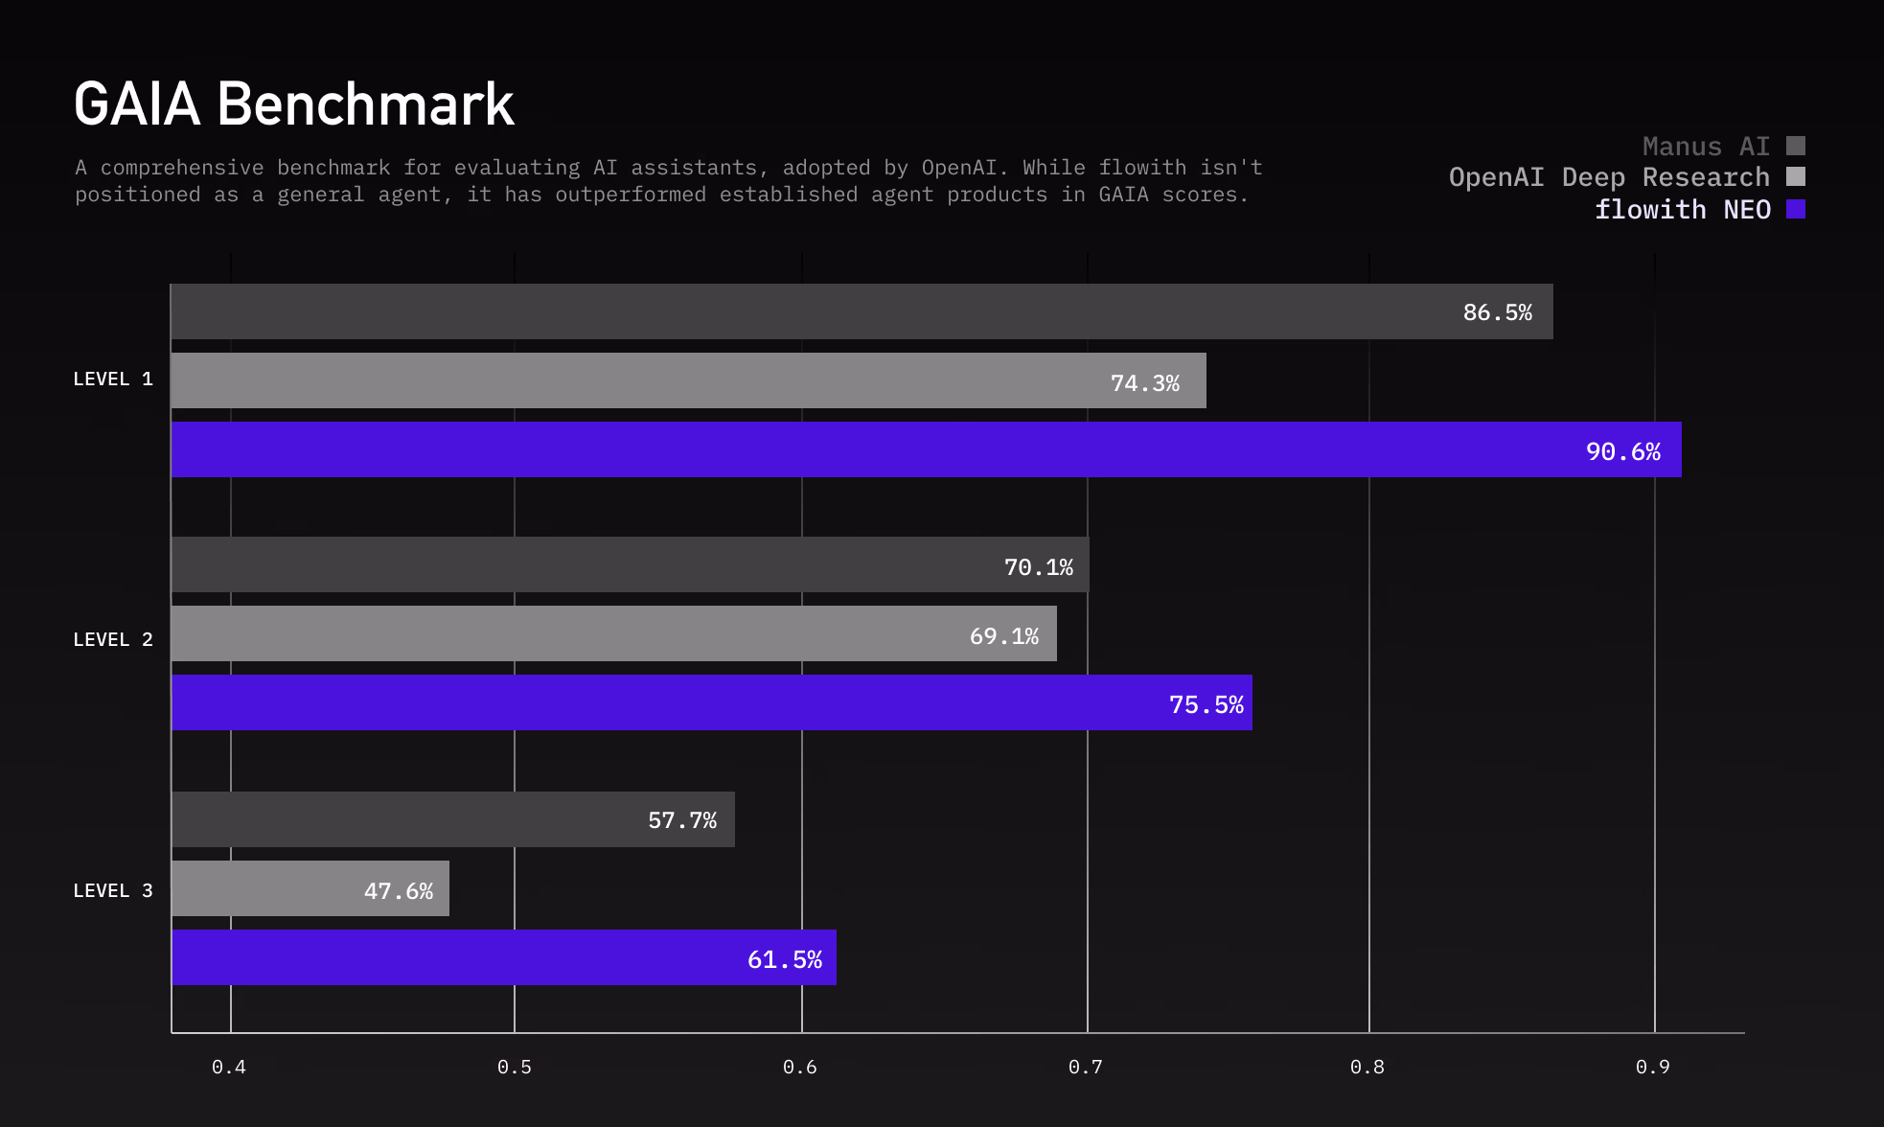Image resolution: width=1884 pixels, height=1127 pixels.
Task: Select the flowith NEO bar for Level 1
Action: pos(926,449)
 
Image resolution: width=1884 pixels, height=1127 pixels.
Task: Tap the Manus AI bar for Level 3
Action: pos(452,819)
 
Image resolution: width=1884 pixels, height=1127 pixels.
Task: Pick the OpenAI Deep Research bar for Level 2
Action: pos(613,633)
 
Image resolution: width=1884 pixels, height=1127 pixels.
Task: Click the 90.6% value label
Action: pos(1622,451)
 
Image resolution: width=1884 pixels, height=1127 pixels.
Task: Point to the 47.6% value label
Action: pos(399,891)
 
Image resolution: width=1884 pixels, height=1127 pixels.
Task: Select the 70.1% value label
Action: pos(1038,567)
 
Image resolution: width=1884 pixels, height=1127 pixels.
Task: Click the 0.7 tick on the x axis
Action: pos(1086,1067)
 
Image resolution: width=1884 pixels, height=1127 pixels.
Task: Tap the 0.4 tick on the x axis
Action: pos(229,1067)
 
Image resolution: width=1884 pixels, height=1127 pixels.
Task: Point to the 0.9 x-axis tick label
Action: pos(1653,1067)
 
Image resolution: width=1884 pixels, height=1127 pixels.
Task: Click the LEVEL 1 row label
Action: pos(113,379)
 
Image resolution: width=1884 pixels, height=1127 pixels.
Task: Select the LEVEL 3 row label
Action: pos(113,891)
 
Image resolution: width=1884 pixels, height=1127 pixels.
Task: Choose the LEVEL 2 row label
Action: pos(113,640)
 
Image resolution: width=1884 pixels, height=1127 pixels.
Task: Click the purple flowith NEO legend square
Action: pos(1796,209)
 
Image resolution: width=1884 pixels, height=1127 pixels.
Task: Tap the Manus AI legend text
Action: pos(1706,147)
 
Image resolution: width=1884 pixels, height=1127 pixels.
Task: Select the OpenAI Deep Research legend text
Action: pos(1609,177)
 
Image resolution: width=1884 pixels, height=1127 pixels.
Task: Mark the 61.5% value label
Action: pos(784,959)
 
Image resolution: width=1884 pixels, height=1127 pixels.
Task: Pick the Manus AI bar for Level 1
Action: pos(862,311)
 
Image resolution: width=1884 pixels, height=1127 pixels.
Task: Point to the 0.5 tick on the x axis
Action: pos(515,1067)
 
